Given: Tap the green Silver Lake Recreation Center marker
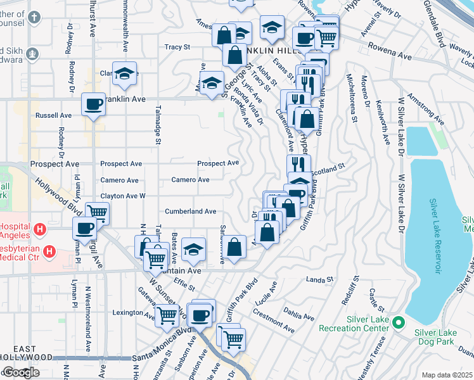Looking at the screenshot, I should click(x=398, y=323).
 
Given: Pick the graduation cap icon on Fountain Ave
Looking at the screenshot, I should click(x=194, y=250).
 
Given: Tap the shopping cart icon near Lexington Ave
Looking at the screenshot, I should click(x=167, y=314).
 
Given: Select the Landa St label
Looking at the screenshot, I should click(x=319, y=279).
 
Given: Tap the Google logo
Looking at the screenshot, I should click(x=20, y=372).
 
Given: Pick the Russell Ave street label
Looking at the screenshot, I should click(x=54, y=116).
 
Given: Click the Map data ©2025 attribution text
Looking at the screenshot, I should click(x=447, y=375).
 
